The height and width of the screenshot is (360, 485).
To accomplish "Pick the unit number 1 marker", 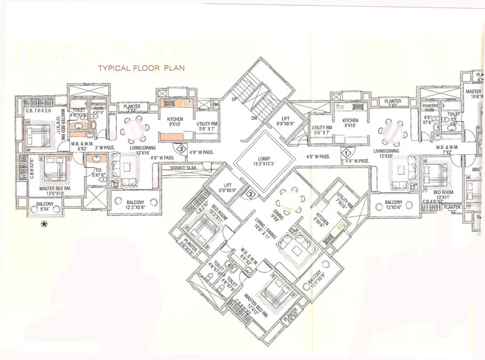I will point(346,152).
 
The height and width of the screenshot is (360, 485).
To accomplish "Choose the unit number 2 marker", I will point(250,194).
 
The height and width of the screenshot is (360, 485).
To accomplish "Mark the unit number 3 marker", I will point(180,148).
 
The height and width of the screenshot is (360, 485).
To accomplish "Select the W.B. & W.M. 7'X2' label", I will point(448,150).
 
